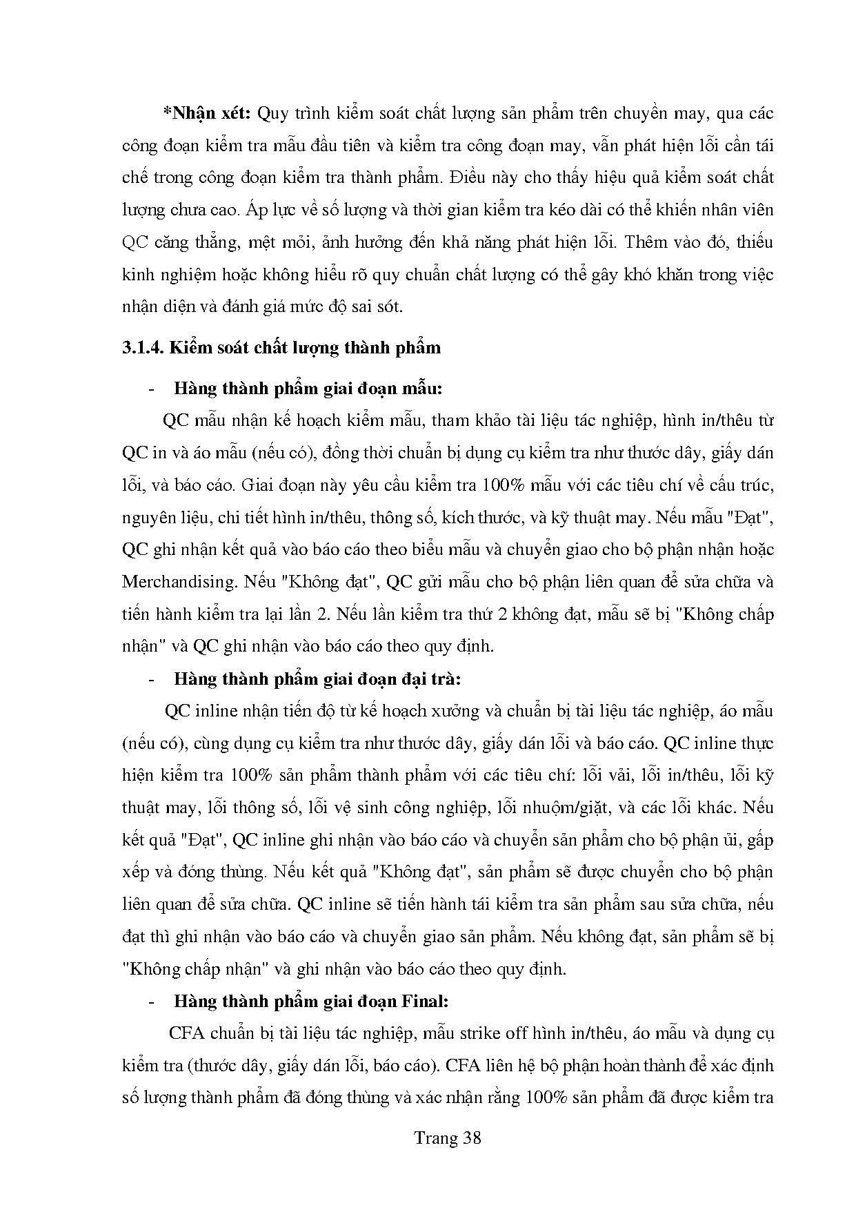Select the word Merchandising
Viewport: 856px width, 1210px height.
pyautogui.click(x=180, y=582)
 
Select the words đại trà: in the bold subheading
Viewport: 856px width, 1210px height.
pyautogui.click(x=430, y=679)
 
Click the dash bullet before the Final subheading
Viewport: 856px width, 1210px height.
pyautogui.click(x=151, y=1002)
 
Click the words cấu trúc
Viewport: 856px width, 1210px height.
pyautogui.click(x=739, y=485)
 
